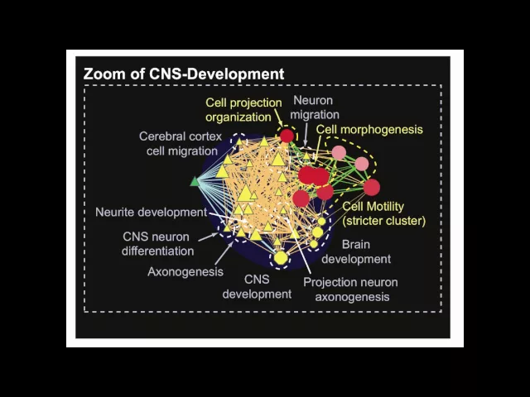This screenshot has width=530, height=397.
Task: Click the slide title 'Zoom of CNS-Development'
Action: point(183,74)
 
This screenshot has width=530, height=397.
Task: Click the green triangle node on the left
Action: point(195,180)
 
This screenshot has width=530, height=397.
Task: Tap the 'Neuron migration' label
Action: point(316,107)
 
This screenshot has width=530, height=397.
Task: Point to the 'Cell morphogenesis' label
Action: point(369,130)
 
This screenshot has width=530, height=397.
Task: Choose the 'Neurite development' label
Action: point(151,212)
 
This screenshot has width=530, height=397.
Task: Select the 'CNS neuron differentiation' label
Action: point(153,243)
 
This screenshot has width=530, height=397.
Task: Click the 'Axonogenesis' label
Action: point(185,270)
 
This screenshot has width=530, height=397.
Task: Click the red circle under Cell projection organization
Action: point(287,136)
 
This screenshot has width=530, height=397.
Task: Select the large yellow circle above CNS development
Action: point(281,258)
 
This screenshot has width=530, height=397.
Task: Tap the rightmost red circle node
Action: point(371,187)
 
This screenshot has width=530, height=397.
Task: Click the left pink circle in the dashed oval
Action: point(339,152)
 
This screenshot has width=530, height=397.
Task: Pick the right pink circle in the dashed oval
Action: point(362,164)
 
